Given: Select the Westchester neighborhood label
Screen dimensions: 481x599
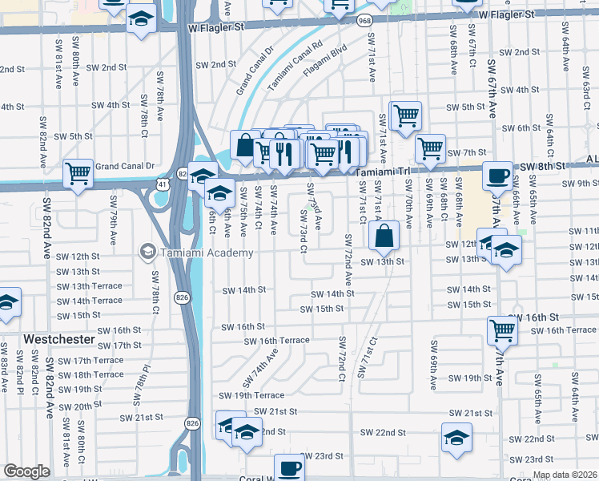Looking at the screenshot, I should click(x=59, y=340).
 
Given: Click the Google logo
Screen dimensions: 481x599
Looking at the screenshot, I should click(x=26, y=472).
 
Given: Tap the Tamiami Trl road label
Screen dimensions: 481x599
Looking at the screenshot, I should click(x=383, y=172).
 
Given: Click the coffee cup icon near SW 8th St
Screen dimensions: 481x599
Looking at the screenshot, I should click(x=498, y=175).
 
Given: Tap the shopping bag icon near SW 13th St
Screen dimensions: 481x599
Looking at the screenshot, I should click(x=384, y=235).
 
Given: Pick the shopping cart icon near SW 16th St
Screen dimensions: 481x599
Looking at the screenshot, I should click(x=502, y=329).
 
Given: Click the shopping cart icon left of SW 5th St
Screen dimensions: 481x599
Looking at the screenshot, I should click(x=406, y=115).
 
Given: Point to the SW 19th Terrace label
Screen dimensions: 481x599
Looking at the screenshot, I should click(x=252, y=395).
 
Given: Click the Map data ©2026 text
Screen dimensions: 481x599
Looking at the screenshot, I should click(x=565, y=475).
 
